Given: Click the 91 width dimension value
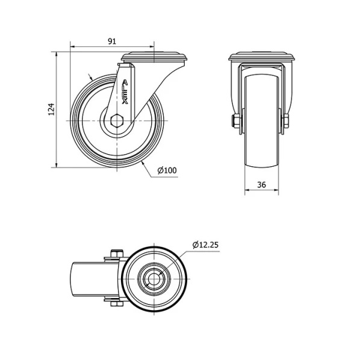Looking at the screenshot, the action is point(112,42).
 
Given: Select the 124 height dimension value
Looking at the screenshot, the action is point(52,110).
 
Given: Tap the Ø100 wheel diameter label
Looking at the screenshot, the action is point(167,170).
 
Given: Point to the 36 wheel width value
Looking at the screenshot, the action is point(261,185).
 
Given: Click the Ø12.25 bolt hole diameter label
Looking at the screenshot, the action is point(205,245).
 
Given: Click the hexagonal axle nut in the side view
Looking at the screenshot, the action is point(117,120).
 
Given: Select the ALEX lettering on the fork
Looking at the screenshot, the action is point(125,92).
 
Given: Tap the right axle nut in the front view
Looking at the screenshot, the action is point(286,121).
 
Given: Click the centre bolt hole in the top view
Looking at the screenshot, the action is point(154,279).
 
